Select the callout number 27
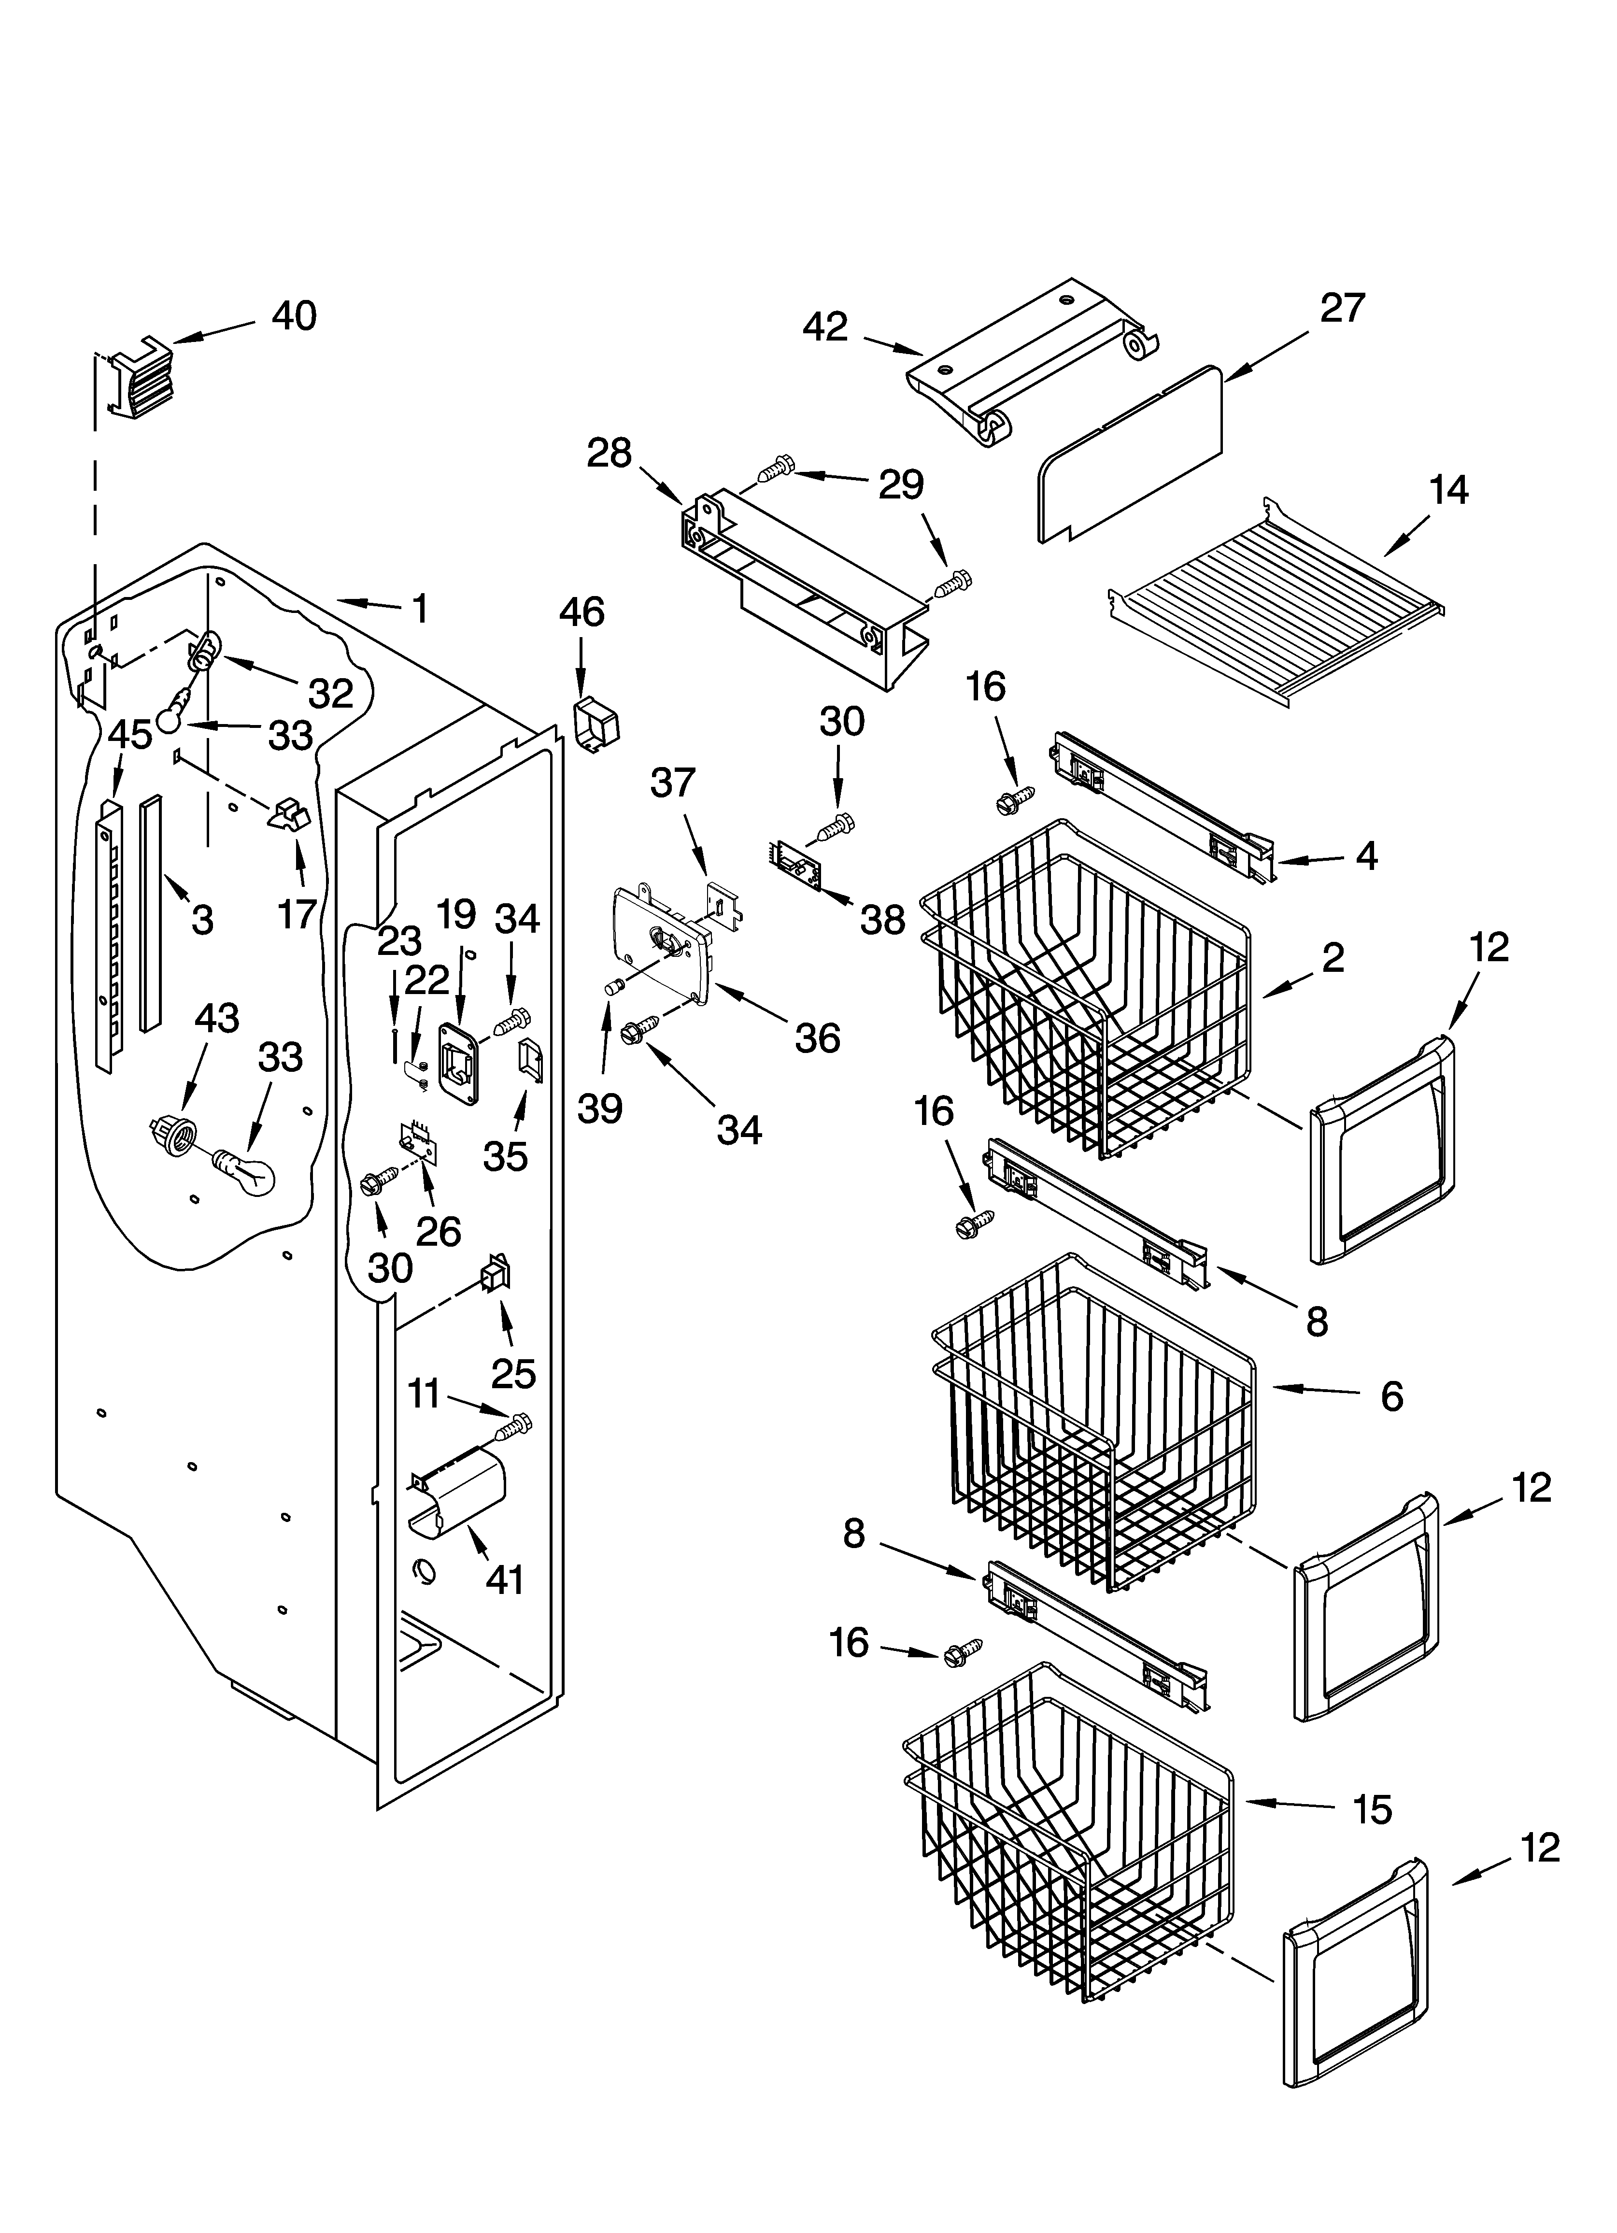(x=1342, y=308)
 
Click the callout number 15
(x=1372, y=1808)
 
